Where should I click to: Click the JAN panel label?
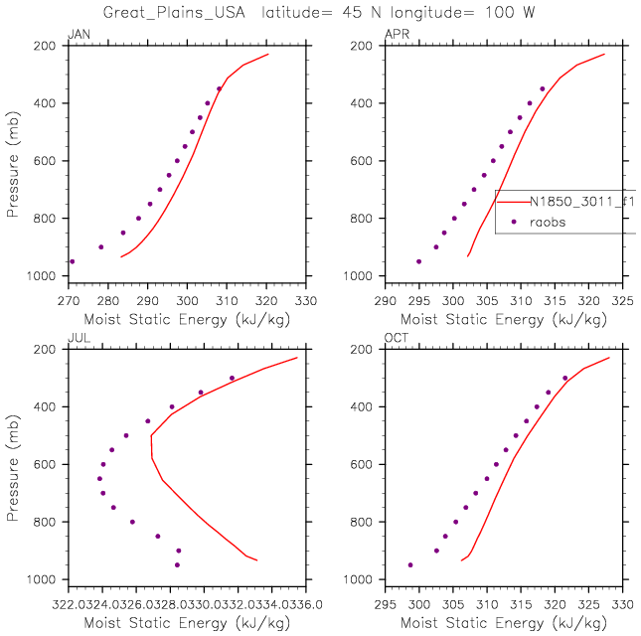click(x=76, y=36)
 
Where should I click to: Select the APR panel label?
click(x=395, y=36)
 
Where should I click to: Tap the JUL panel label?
click(x=75, y=340)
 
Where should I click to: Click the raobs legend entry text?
click(x=547, y=223)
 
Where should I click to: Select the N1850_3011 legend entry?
click(x=581, y=201)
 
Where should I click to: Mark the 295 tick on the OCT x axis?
click(x=386, y=602)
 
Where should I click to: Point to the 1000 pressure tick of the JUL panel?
click(x=46, y=579)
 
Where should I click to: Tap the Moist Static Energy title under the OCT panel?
click(x=504, y=622)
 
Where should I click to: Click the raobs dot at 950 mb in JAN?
click(x=72, y=261)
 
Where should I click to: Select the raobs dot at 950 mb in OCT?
click(x=409, y=564)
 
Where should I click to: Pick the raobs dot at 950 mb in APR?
click(x=418, y=261)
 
